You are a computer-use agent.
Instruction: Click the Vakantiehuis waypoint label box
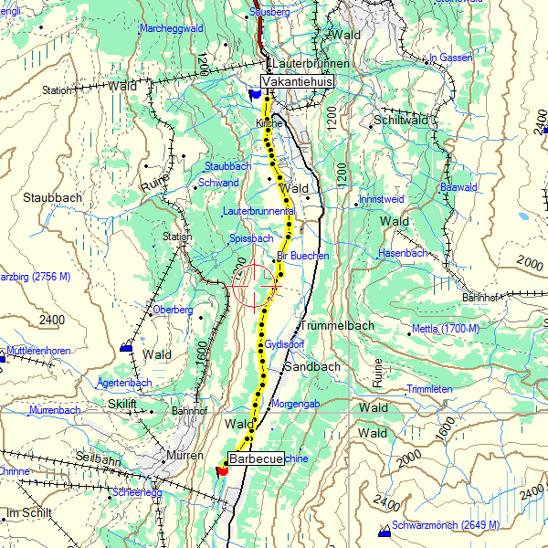click(297, 81)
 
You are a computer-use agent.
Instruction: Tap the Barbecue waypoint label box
click(255, 458)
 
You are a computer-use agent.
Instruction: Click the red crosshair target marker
click(253, 286)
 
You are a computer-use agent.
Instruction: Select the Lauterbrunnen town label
click(304, 64)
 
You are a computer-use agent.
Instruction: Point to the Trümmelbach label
click(334, 325)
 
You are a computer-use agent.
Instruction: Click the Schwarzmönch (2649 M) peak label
click(445, 525)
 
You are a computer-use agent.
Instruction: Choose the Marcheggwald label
click(171, 29)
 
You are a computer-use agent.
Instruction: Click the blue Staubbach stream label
click(227, 166)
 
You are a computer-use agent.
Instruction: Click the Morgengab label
click(295, 404)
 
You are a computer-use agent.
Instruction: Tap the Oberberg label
click(173, 310)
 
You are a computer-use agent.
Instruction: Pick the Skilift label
click(121, 403)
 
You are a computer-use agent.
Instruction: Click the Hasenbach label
click(403, 253)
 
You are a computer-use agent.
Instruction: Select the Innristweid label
click(382, 198)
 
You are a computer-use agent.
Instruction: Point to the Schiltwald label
click(401, 121)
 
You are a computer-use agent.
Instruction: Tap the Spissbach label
click(253, 238)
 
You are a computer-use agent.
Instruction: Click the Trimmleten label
click(429, 389)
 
